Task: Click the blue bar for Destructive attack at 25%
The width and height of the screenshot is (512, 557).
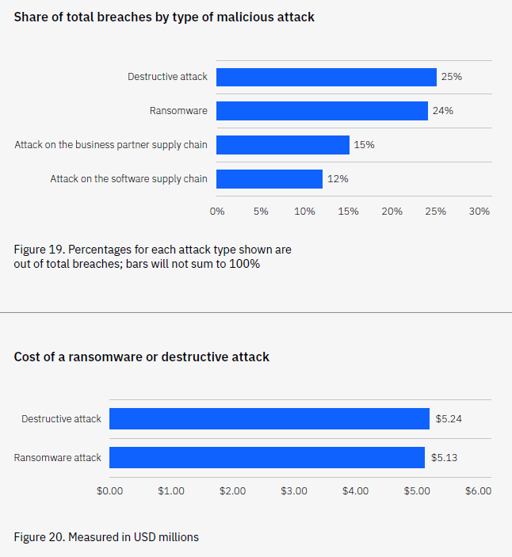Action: (326, 77)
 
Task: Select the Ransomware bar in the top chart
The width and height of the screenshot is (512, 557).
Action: (322, 111)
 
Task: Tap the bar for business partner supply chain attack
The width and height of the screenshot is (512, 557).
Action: (282, 145)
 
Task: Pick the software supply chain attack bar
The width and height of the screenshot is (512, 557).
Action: (269, 179)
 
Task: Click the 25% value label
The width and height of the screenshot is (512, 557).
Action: (452, 77)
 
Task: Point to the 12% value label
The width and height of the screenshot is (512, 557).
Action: (338, 179)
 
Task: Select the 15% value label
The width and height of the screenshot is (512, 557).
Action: (365, 145)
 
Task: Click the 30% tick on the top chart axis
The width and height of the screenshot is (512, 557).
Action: (480, 212)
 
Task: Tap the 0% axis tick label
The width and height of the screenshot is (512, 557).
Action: (217, 212)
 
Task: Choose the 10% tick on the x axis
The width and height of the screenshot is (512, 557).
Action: (304, 212)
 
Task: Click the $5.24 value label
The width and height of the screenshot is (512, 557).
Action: (449, 418)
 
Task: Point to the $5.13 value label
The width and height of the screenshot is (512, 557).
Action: (445, 457)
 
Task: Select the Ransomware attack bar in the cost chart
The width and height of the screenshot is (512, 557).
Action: (267, 457)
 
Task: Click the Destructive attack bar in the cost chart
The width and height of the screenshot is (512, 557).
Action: (269, 418)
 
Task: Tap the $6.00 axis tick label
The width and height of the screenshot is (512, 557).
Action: (478, 491)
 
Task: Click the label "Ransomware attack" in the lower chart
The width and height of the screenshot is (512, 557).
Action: (58, 457)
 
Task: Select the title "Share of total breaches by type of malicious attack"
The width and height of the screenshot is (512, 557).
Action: (164, 17)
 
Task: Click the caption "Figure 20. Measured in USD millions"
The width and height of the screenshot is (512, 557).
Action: (106, 537)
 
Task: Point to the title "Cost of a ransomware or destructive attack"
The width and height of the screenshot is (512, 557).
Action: (142, 357)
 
